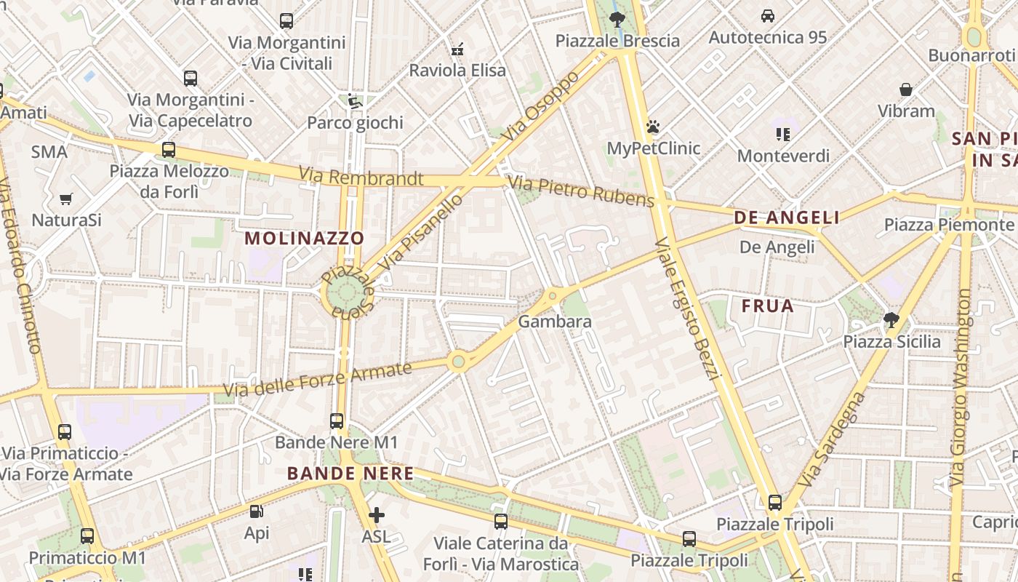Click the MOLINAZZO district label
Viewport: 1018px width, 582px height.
[x=304, y=238]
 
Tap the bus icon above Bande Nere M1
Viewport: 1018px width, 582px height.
[x=337, y=420]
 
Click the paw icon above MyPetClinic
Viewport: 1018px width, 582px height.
[x=653, y=127]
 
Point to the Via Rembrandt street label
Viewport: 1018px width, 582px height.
[x=361, y=177]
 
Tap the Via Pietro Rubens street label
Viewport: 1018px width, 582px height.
[x=582, y=191]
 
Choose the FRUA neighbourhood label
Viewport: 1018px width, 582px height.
[x=768, y=306]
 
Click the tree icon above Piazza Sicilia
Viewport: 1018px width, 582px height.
[x=891, y=319]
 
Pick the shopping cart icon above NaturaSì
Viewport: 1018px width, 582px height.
[x=66, y=199]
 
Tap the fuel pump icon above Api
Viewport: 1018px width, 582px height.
[x=256, y=511]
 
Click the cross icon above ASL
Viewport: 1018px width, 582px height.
[x=376, y=516]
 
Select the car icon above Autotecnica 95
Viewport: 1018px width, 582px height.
[x=767, y=15]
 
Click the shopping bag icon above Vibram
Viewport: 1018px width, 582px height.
[x=906, y=89]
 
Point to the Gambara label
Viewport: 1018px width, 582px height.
[x=555, y=321]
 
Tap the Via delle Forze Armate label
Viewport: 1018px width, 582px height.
[x=318, y=380]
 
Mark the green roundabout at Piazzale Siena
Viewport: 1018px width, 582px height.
[x=347, y=293]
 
